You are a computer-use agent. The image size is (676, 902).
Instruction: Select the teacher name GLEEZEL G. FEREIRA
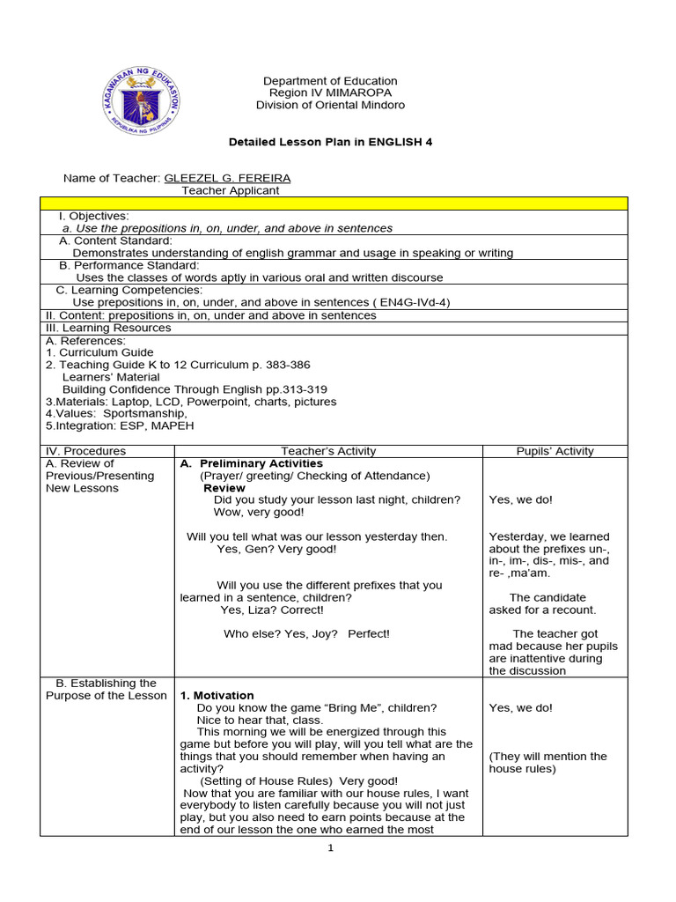[227, 178]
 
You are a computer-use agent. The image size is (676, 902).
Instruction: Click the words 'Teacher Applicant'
[231, 190]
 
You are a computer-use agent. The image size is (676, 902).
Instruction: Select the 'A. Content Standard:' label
[115, 240]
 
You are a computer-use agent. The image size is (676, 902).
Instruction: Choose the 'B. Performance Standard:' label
[129, 265]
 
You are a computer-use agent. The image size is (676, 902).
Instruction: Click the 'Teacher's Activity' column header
[328, 451]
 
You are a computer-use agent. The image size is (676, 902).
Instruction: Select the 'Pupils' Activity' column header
[555, 451]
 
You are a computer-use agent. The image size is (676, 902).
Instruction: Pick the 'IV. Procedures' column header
[85, 451]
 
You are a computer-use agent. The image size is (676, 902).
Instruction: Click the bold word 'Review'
[224, 488]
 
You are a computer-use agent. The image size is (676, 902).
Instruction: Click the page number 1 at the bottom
[331, 848]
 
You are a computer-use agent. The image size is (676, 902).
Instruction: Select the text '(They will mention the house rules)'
[548, 763]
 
